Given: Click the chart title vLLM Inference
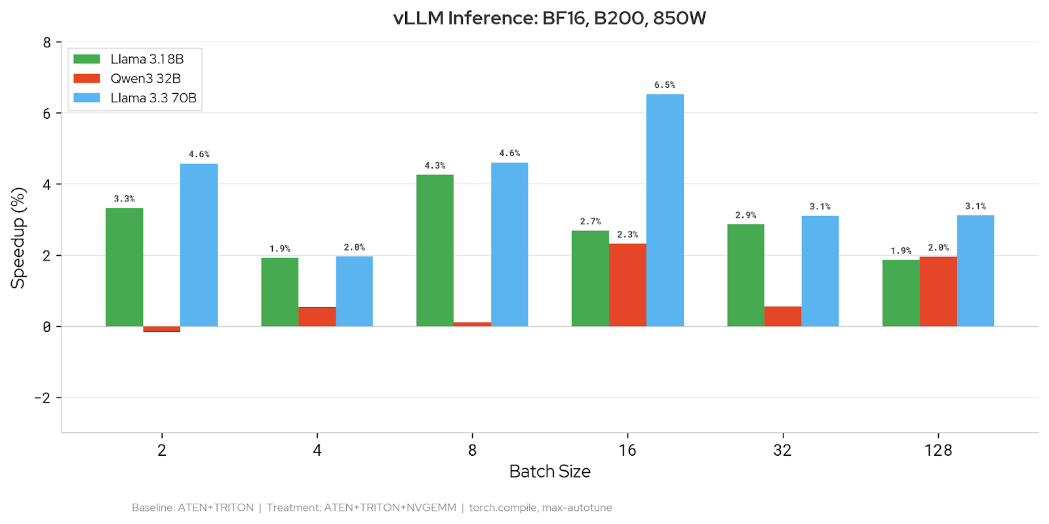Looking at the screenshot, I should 549,18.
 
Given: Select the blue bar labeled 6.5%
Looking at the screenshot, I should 665,210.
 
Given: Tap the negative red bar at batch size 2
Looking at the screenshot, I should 162,329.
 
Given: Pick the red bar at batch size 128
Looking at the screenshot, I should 938,291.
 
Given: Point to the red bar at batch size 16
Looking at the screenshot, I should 627,285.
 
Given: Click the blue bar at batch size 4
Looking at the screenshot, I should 354,291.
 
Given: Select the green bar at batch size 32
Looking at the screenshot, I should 745,275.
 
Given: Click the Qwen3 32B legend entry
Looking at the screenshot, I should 145,79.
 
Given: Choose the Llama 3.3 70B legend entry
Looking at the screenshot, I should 153,98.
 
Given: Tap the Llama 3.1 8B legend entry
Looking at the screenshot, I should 146,59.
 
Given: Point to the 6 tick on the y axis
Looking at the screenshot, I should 47,113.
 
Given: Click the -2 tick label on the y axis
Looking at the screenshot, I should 43,398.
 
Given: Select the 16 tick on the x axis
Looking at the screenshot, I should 627,451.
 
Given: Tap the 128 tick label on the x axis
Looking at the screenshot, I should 938,451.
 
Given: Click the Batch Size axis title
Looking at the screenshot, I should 549,472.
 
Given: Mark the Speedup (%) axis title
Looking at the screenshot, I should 18,238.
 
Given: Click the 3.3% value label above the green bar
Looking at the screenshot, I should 124,199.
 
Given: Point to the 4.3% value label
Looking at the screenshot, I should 435,165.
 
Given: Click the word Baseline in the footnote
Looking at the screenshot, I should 153,508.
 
